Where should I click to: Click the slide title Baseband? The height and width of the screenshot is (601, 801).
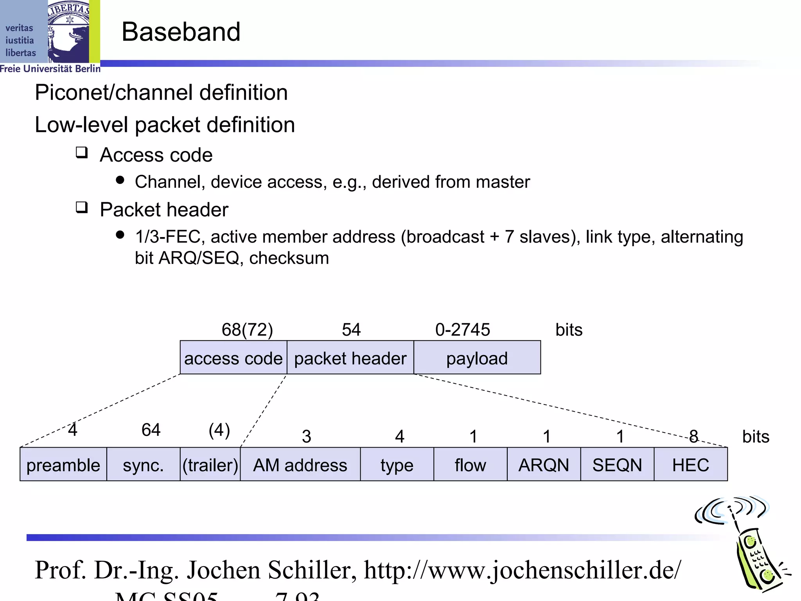point(181,32)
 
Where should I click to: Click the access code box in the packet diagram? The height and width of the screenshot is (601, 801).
point(233,358)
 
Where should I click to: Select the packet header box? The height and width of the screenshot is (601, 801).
point(350,358)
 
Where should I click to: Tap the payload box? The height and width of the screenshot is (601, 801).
point(477,358)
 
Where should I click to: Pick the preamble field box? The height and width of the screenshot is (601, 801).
point(63,464)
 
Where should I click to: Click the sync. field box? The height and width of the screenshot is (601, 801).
point(143,464)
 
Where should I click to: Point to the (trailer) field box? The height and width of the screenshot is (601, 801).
point(210,464)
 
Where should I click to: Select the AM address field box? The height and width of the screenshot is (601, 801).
point(300,464)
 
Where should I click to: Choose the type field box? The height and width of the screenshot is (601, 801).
point(397,464)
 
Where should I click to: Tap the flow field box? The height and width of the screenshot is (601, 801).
point(471,464)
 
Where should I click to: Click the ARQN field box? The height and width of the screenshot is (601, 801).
point(544,464)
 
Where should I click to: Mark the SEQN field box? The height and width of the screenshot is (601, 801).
point(617,464)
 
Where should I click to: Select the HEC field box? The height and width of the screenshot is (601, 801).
point(691,464)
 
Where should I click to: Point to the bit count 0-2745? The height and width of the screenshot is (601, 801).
point(462,330)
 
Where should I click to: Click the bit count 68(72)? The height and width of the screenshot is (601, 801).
point(247,330)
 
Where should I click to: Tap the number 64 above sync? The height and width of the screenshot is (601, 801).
point(151,430)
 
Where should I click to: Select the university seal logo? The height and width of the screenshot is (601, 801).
point(69,31)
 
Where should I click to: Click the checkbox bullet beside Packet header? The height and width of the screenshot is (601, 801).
point(82,207)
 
